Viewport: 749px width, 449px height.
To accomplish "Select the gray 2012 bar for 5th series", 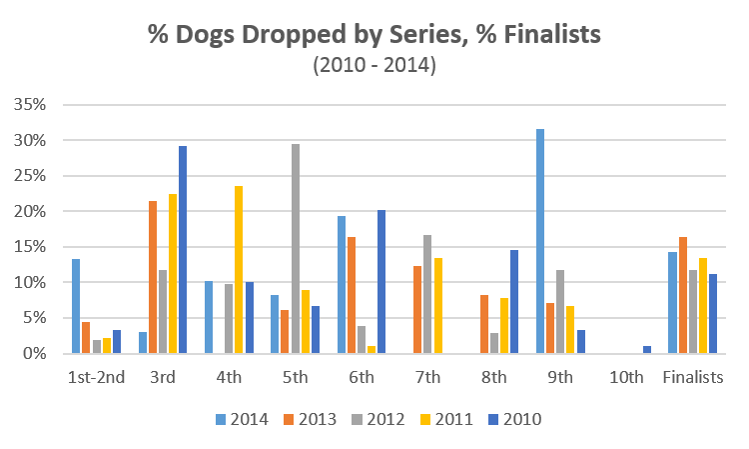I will [295, 249].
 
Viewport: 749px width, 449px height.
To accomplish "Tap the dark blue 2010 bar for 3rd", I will [183, 250].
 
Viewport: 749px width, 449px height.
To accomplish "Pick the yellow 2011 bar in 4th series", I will [238, 270].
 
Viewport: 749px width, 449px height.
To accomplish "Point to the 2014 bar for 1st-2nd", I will [76, 306].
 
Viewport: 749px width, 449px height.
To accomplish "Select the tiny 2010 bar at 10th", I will [647, 350].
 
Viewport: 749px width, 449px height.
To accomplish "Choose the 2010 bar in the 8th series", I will [514, 301].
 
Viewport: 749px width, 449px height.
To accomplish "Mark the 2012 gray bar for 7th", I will [427, 294].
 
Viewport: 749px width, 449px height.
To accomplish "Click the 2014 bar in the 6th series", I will [341, 285].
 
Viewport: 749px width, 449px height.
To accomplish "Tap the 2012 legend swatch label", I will [385, 418].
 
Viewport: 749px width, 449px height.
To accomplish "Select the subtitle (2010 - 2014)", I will [374, 66].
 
